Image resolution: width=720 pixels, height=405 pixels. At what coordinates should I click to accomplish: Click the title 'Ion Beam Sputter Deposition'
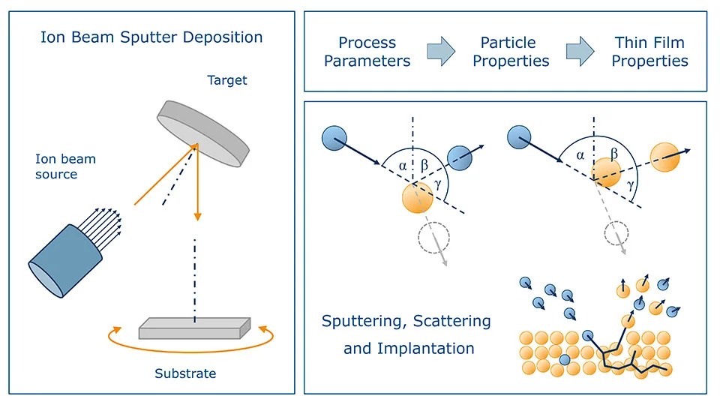tap(151, 37)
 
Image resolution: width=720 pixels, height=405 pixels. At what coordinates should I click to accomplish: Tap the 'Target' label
tap(226, 79)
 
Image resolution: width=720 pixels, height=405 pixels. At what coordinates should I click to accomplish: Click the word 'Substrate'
tap(185, 373)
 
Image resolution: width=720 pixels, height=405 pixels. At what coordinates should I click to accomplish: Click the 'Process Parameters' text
tap(367, 52)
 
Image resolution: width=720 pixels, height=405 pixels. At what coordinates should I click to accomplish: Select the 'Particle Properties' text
tap(511, 52)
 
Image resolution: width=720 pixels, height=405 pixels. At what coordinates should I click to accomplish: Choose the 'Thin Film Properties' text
tap(649, 52)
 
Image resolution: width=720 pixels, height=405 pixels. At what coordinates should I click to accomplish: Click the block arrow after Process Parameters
tap(441, 52)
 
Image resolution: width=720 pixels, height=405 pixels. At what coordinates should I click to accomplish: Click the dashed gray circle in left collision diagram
tap(433, 235)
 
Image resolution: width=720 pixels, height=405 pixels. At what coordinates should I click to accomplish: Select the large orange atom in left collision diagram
tap(416, 199)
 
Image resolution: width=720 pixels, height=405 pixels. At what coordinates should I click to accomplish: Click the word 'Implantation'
tap(409, 348)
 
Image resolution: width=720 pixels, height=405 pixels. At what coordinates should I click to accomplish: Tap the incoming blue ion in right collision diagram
tap(518, 137)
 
